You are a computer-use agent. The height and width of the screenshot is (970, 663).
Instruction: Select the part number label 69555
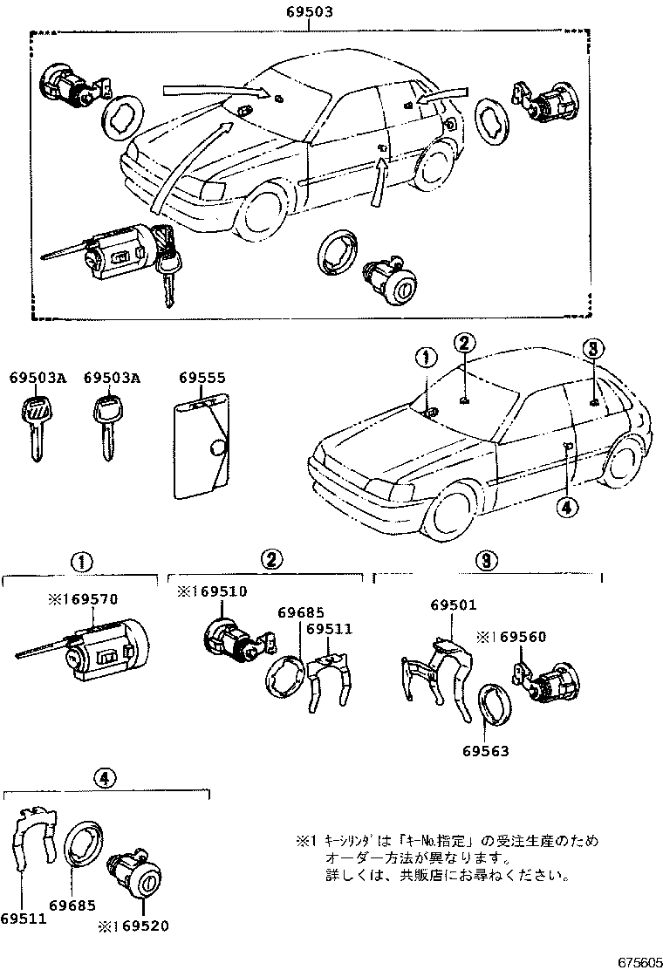tap(202, 378)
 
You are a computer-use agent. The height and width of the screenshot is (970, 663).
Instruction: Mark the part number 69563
tap(485, 751)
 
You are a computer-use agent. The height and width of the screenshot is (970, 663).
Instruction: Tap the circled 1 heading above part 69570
tap(79, 560)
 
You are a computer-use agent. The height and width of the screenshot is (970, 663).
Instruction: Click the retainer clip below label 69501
tap(436, 673)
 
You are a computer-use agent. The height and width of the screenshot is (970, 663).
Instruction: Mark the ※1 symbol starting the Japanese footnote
tap(303, 842)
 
